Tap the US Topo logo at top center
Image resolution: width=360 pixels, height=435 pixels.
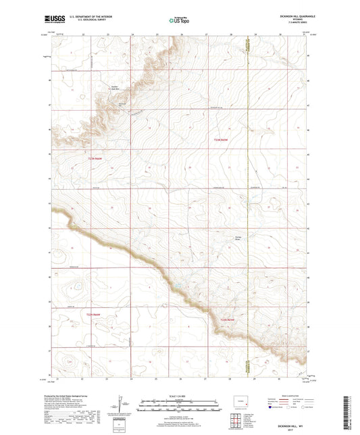point(179,20)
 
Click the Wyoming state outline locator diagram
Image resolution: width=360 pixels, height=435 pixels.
point(242,402)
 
